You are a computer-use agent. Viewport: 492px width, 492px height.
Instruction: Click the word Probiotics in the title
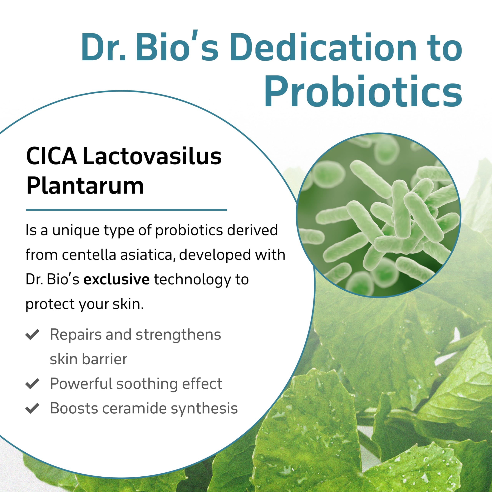click(363, 91)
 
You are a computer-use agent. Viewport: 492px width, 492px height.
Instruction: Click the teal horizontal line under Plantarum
click(127, 210)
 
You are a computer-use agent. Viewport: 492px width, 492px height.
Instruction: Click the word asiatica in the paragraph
click(148, 255)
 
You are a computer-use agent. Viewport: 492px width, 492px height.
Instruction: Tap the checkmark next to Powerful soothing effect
click(32, 384)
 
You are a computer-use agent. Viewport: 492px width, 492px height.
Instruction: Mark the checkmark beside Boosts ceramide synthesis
click(32, 408)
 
